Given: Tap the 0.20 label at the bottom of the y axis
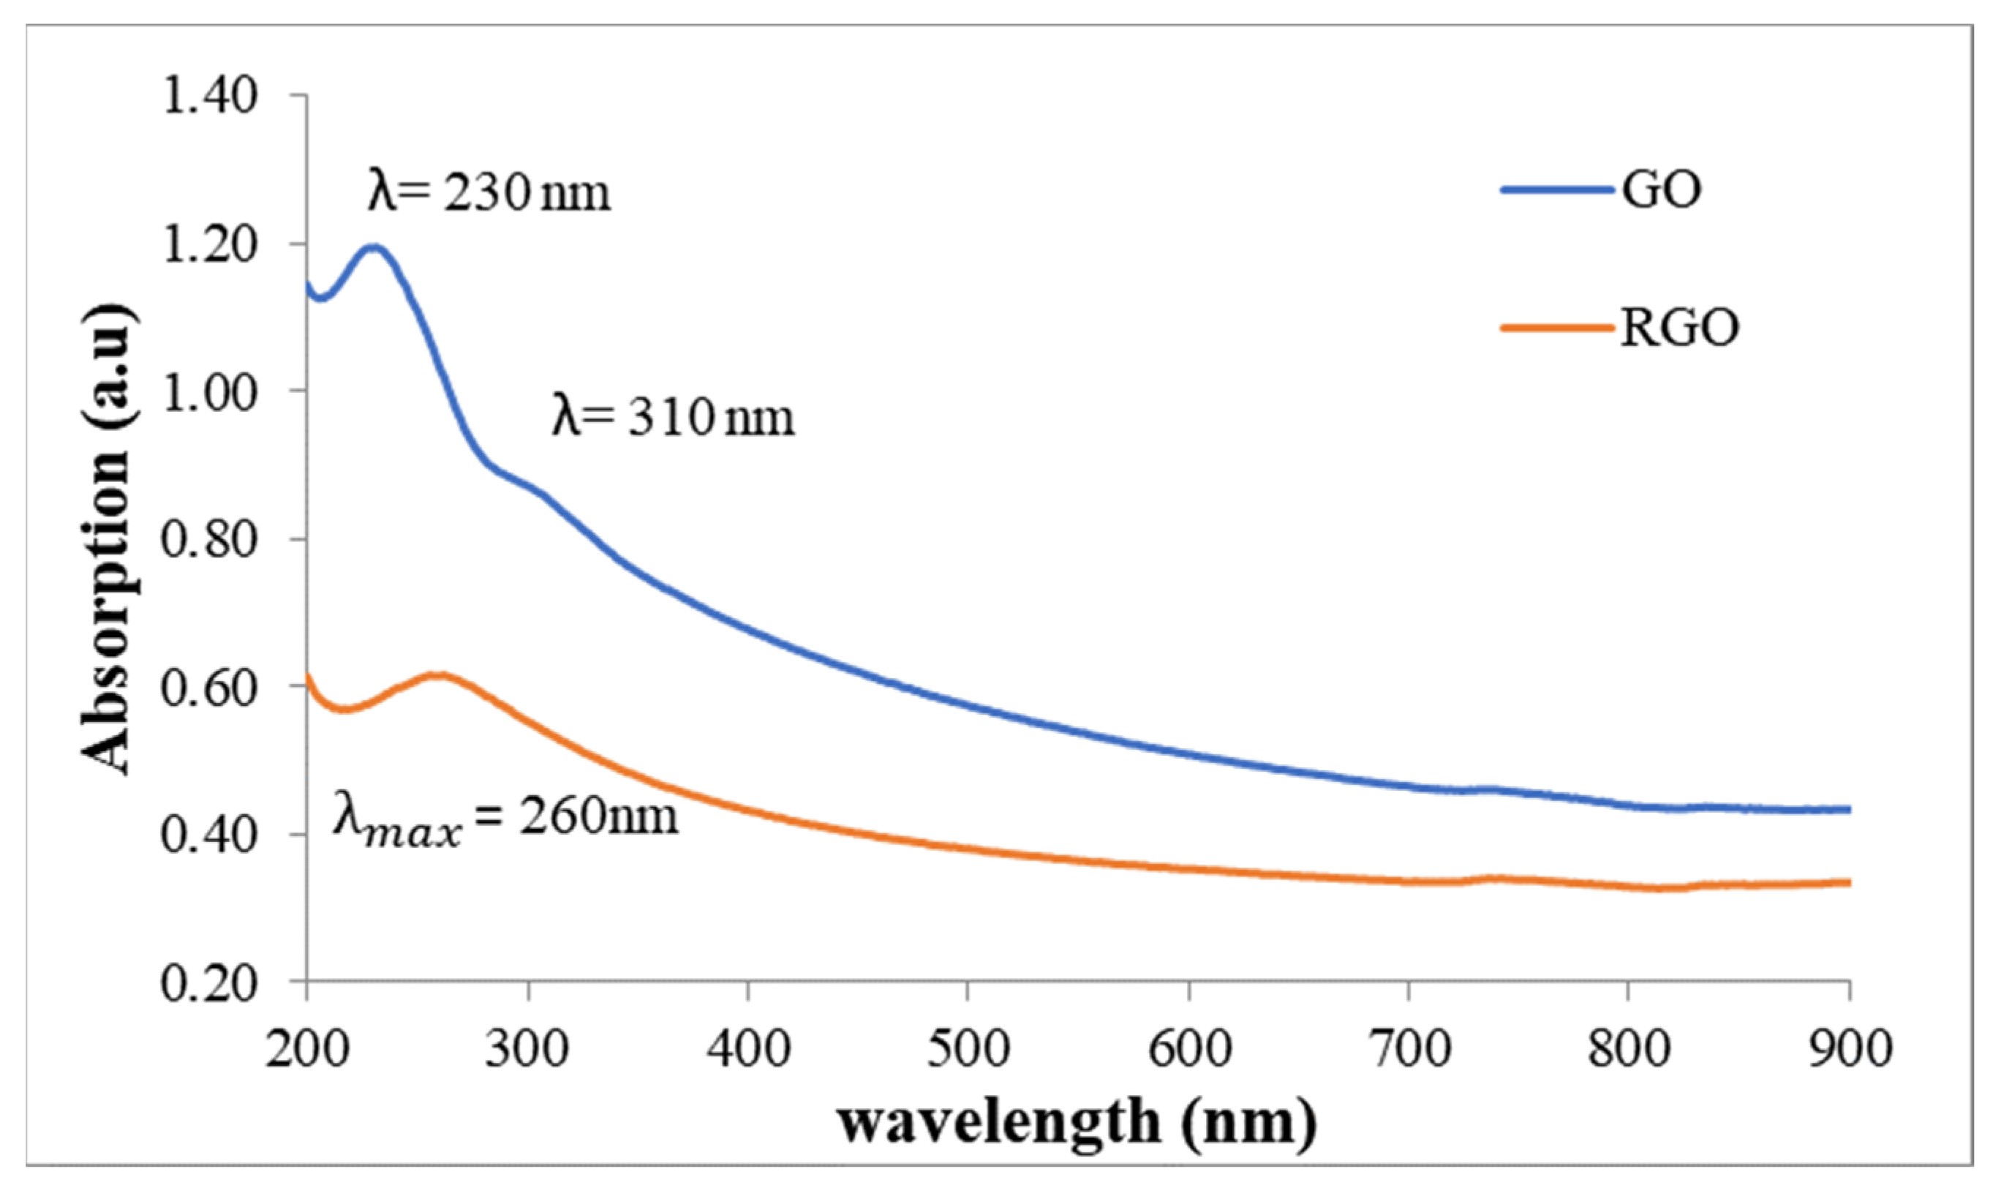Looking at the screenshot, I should pos(210,984).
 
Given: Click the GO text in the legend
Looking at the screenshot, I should pos(1661,190).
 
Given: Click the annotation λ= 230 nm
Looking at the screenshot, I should pos(489,192).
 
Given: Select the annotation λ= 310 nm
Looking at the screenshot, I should pos(673,417).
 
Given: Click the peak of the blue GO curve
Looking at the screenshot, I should pos(374,247).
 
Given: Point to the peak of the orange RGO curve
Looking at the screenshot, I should pos(439,676).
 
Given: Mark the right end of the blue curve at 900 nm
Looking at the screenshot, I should pos(1848,810).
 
